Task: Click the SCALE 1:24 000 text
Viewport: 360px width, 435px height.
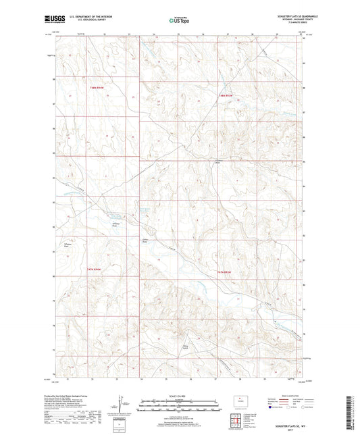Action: click(179, 395)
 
